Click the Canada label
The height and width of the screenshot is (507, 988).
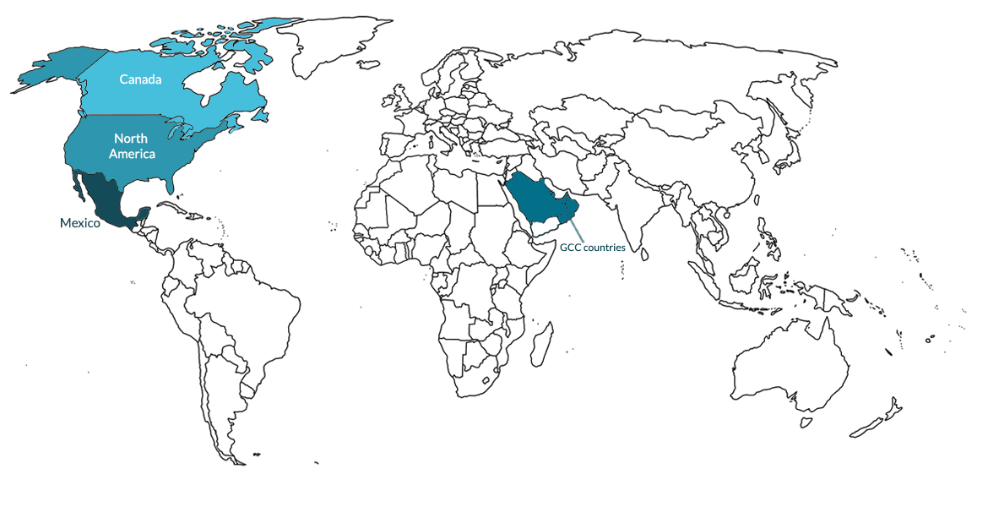[140, 79]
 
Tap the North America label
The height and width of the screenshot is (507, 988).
[131, 146]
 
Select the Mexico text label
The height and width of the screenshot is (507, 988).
[79, 223]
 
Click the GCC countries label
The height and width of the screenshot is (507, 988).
[592, 248]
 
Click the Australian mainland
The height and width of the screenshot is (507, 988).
[790, 372]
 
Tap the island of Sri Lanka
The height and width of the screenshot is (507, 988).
[644, 252]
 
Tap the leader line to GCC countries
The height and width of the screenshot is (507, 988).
[574, 226]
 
